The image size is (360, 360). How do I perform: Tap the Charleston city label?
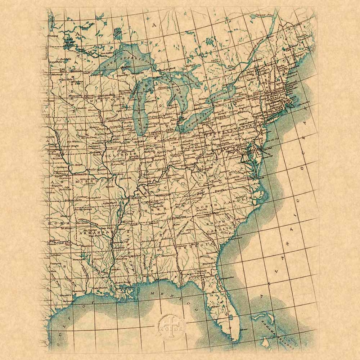[235, 238]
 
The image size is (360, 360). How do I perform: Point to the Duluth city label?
[86, 73]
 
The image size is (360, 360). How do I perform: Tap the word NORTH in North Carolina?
[203, 207]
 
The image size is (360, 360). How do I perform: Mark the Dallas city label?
[55, 255]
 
